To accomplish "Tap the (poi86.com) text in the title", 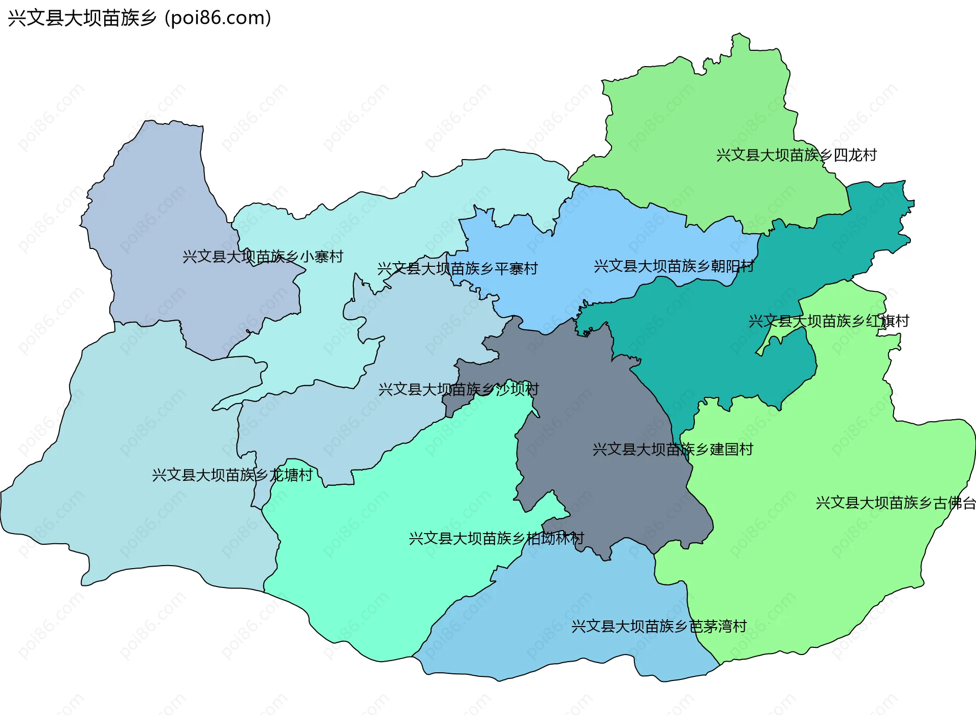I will click(x=218, y=18).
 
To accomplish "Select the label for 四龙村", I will click(x=797, y=155).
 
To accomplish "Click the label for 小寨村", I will click(x=263, y=257).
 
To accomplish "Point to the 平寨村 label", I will click(x=457, y=268).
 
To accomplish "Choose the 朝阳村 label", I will click(x=674, y=266).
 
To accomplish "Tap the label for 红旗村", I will click(x=829, y=321).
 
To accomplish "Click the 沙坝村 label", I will click(x=459, y=389).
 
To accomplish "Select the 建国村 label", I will click(x=673, y=449).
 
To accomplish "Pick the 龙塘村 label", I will click(x=232, y=475).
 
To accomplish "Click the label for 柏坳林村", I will click(x=496, y=538).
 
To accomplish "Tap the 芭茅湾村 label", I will click(x=659, y=626).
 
